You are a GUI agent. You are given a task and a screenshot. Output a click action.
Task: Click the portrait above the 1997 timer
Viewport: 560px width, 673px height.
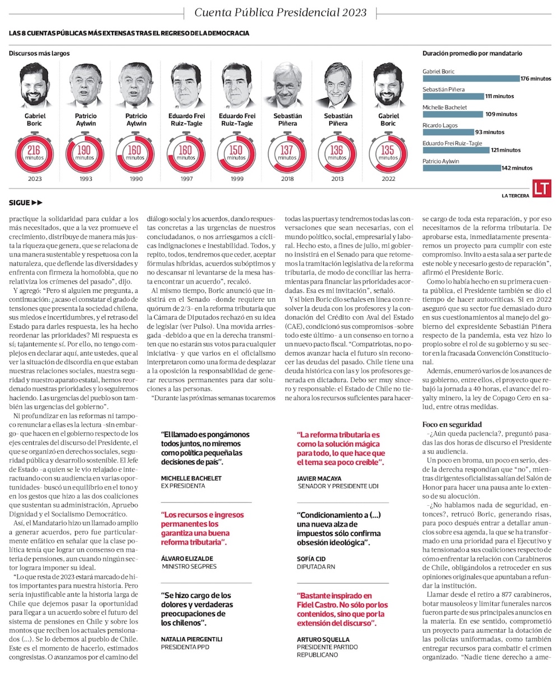(184, 86)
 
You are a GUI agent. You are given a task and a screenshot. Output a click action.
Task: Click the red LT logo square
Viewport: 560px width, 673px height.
(542, 189)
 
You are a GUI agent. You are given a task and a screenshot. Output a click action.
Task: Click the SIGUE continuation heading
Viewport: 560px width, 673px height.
(26, 203)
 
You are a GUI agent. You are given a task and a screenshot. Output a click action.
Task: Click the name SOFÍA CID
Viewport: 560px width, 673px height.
(311, 558)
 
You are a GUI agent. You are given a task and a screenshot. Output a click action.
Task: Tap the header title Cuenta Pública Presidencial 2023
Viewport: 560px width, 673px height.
(280, 12)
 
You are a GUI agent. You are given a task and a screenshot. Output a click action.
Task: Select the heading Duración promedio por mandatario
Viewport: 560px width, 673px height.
(472, 54)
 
